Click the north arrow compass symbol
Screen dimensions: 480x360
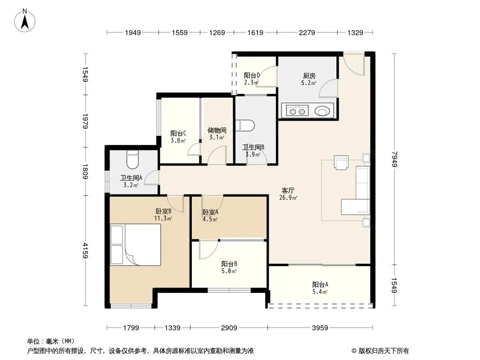25,21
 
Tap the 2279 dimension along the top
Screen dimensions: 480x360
307,32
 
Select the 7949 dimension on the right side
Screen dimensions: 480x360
394,159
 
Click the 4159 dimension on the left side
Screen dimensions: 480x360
86,251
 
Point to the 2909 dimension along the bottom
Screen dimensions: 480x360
229,328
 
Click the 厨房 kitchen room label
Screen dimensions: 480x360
309,76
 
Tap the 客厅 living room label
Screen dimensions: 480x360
288,190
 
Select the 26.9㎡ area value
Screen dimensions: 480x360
288,198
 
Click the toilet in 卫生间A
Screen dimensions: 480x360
132,159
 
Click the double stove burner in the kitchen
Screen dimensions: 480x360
297,110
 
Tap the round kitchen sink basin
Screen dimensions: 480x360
322,111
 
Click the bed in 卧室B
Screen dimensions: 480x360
135,245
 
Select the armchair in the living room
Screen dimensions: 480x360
341,162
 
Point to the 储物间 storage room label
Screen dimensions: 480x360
217,130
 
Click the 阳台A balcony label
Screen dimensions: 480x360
320,284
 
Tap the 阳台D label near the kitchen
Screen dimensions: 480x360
252,75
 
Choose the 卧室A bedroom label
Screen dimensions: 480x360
210,212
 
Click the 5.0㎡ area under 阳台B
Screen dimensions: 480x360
229,271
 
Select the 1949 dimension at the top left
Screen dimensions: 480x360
133,32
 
